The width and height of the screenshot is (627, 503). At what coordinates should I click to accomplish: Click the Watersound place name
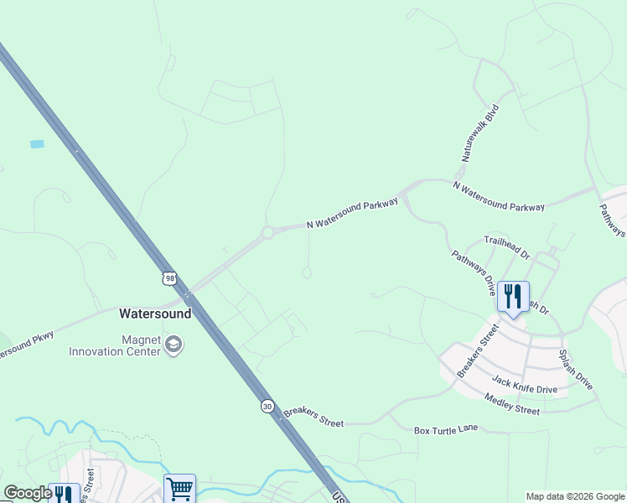pyautogui.click(x=155, y=314)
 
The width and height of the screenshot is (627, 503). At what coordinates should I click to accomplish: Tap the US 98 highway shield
pyautogui.click(x=170, y=277)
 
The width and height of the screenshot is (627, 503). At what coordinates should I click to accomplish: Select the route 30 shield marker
pyautogui.click(x=266, y=405)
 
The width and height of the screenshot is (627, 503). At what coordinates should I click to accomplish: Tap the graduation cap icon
pyautogui.click(x=174, y=345)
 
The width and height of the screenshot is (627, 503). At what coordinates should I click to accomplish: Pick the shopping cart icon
pyautogui.click(x=179, y=488)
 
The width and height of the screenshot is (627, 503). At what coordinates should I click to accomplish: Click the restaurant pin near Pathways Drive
pyautogui.click(x=512, y=296)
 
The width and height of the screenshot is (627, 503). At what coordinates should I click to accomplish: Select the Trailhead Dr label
pyautogui.click(x=508, y=246)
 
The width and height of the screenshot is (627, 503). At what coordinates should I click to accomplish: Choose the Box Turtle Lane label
pyautogui.click(x=446, y=429)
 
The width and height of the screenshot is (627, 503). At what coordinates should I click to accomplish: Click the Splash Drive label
pyautogui.click(x=576, y=369)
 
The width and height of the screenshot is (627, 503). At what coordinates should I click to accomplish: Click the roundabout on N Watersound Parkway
pyautogui.click(x=269, y=233)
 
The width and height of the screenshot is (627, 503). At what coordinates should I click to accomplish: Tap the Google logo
pyautogui.click(x=28, y=493)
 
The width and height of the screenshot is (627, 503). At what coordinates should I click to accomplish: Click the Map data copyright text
pyautogui.click(x=574, y=496)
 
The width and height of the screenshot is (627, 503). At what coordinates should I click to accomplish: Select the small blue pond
pyautogui.click(x=37, y=144)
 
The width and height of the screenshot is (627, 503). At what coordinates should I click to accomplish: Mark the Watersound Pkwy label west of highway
pyautogui.click(x=25, y=345)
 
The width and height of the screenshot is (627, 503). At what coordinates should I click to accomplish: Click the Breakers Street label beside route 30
pyautogui.click(x=313, y=417)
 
